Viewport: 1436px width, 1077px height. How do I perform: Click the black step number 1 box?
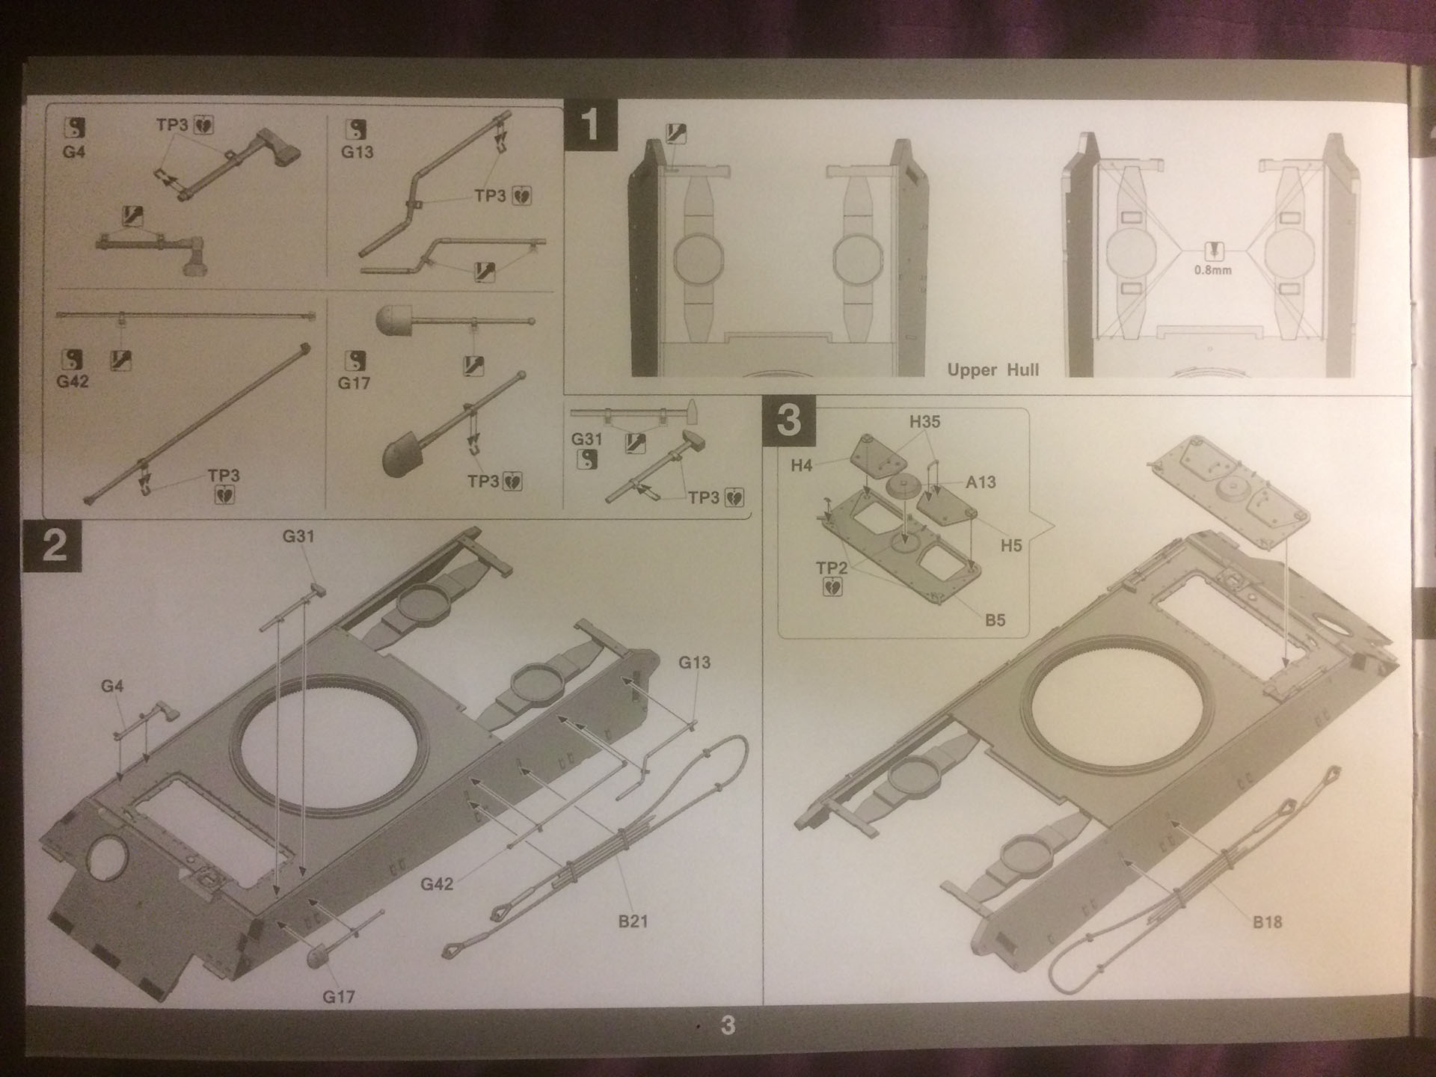pos(590,125)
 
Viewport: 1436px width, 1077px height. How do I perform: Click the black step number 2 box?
pos(53,546)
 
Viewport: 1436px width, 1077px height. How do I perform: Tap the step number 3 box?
pos(788,420)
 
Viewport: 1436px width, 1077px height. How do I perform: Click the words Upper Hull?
pos(992,370)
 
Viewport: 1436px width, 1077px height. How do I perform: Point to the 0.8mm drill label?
pos(1212,270)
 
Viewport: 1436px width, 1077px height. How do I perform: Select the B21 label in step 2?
pos(633,921)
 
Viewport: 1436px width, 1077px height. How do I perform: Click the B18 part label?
pos(1267,922)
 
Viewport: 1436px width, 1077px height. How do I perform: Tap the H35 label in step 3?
pos(924,422)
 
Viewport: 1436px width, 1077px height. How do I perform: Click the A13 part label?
pos(981,482)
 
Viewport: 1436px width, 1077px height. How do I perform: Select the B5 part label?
pos(995,620)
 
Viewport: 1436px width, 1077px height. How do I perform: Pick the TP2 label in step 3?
pos(832,568)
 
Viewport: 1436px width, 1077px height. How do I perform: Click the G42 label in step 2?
pos(437,884)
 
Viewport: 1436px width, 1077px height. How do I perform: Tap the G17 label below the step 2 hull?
pos(338,996)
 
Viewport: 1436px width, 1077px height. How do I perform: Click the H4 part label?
pos(801,466)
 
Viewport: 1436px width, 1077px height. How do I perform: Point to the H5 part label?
pos(1010,546)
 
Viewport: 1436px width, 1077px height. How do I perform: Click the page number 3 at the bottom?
pos(728,1025)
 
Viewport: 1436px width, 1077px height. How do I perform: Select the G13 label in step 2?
pos(694,663)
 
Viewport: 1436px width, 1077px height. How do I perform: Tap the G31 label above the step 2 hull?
pos(298,536)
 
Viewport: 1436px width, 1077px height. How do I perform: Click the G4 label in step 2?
pos(112,687)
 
